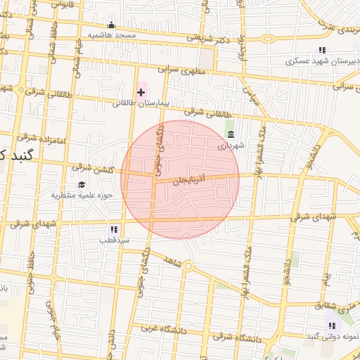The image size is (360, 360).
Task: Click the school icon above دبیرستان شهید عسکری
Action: tap(322, 50)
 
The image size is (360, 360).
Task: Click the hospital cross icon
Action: tap(141, 92)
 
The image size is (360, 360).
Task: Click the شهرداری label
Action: tap(230, 146)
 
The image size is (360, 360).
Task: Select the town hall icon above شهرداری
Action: tap(230, 135)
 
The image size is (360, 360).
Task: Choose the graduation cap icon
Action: tap(82, 184)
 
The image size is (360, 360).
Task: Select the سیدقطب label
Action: tap(113, 240)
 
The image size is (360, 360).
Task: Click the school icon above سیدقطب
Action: tap(114, 229)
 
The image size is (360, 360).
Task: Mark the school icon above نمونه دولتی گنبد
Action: tap(331, 326)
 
